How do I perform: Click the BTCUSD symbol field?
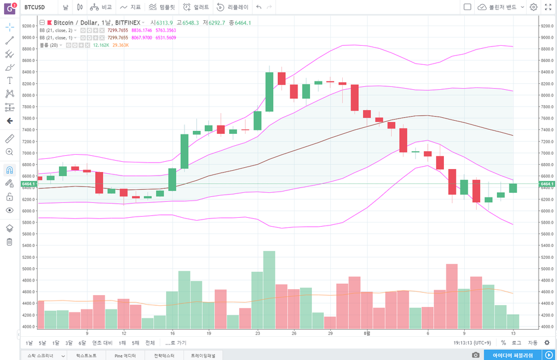[36, 7]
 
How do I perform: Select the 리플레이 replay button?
[233, 7]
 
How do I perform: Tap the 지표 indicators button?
[130, 7]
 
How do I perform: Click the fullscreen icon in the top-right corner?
[547, 7]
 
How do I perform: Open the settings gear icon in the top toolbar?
[533, 7]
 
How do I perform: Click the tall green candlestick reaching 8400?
[270, 92]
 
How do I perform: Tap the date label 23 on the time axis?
[257, 333]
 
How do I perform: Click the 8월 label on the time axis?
[367, 333]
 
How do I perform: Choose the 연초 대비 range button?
[102, 343]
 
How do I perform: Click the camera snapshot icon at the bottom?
[475, 355]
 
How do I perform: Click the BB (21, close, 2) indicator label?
[56, 30]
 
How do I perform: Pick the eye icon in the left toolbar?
[10, 210]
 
